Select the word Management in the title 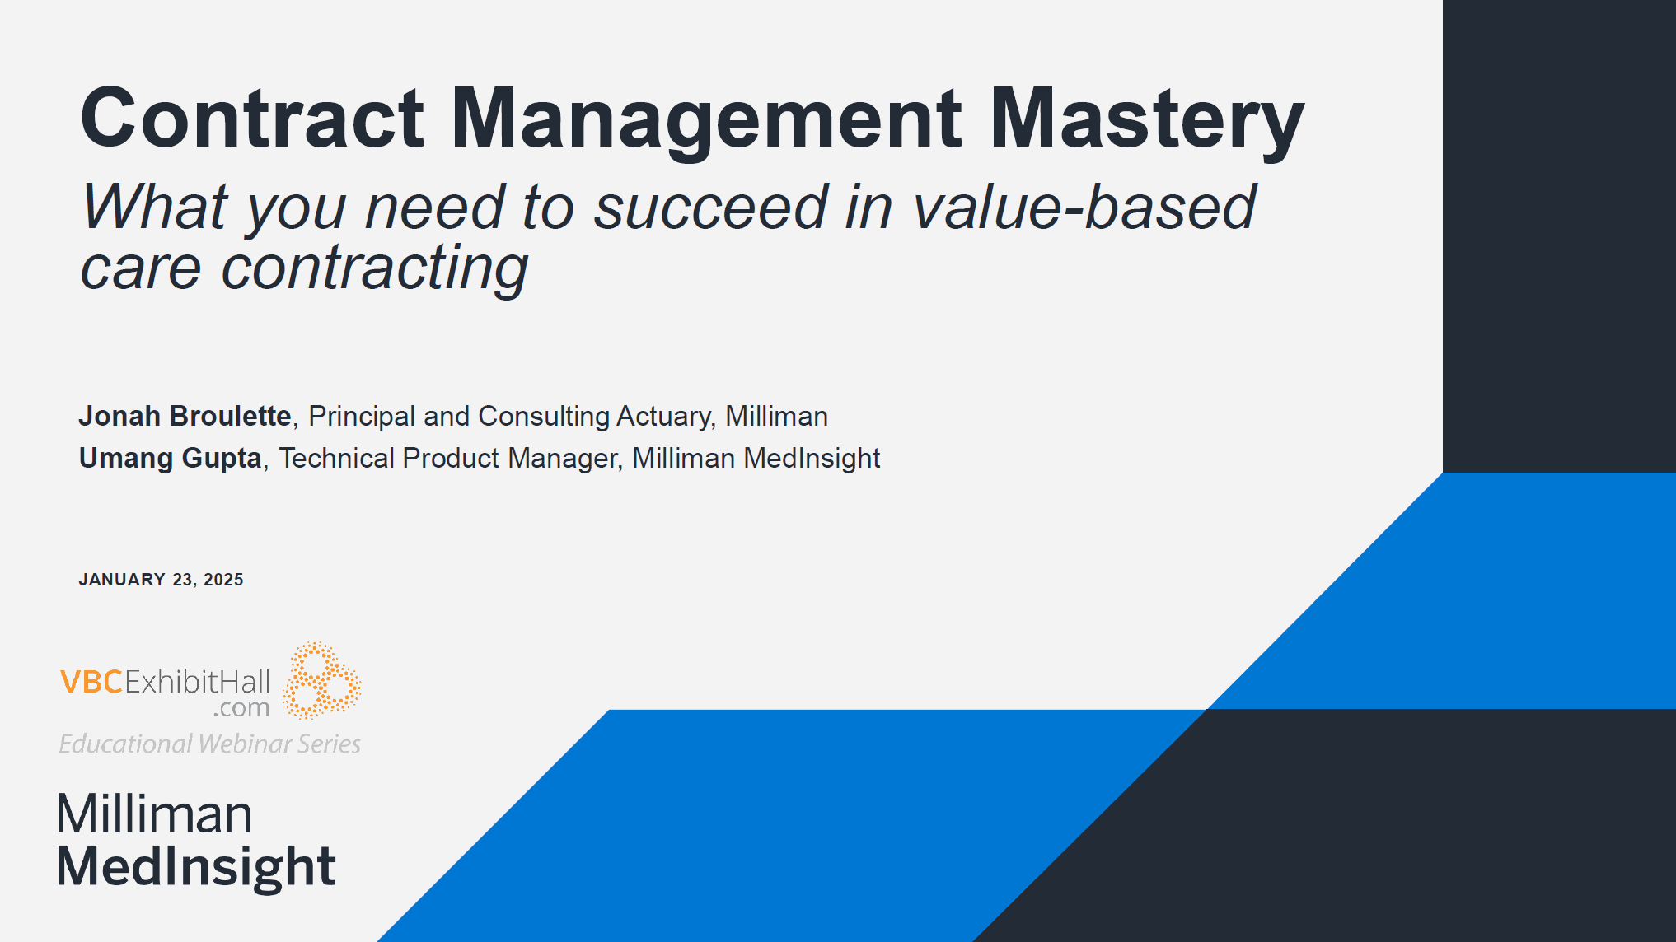(x=707, y=122)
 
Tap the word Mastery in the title (x=1146, y=122)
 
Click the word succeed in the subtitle (x=711, y=207)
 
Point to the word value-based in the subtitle (x=1084, y=207)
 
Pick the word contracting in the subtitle (x=375, y=269)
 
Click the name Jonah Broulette (x=185, y=416)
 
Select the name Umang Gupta (x=171, y=459)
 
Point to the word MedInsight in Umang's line (x=812, y=459)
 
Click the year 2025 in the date (x=223, y=580)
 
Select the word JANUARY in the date (x=122, y=580)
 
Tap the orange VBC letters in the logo (x=91, y=682)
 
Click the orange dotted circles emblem (x=321, y=680)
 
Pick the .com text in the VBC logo (x=241, y=708)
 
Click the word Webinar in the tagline (x=245, y=744)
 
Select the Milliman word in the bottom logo (x=154, y=814)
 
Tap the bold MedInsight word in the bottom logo (x=196, y=867)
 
